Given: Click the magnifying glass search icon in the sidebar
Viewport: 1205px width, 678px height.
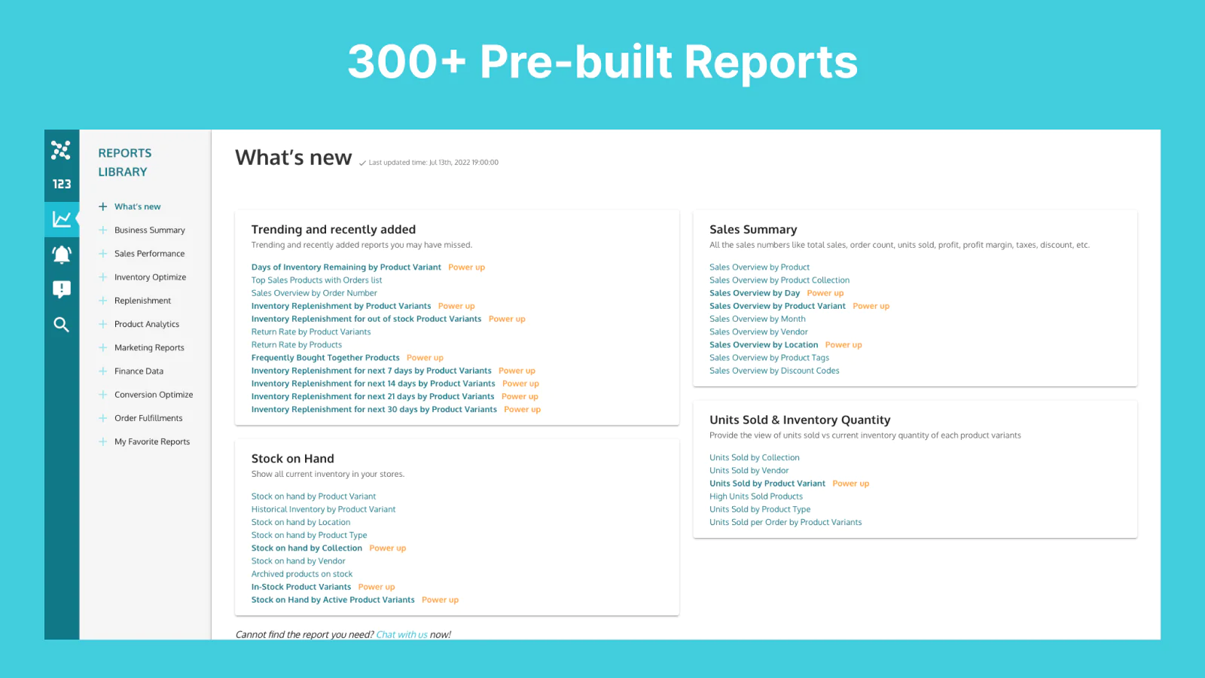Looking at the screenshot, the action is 61,325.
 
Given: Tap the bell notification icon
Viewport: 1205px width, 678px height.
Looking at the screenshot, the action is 62,255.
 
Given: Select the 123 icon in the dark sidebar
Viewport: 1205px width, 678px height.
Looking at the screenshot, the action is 62,184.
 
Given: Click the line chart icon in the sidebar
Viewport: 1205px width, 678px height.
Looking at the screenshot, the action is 62,219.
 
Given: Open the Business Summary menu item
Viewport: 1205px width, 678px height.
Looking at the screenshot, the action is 150,230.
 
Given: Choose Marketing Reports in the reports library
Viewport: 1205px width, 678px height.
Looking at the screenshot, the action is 149,347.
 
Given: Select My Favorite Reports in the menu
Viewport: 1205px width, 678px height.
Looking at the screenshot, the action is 152,441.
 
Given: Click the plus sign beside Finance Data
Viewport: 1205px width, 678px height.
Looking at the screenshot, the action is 102,371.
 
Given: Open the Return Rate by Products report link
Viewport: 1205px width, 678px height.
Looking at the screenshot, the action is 297,344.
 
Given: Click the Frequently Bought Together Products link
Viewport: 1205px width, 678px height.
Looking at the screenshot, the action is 325,357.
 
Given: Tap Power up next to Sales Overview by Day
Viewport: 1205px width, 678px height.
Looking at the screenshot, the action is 825,293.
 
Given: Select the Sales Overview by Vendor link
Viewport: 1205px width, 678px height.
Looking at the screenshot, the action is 758,331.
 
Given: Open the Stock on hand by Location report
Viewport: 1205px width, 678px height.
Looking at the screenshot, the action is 300,522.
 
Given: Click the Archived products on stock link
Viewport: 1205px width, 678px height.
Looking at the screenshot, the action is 302,573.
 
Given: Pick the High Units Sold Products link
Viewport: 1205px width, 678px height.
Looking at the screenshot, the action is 756,496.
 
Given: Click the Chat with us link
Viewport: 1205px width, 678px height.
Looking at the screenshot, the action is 401,634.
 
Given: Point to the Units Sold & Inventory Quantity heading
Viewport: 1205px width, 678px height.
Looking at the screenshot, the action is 800,420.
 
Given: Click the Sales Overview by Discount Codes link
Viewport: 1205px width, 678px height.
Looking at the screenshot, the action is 774,370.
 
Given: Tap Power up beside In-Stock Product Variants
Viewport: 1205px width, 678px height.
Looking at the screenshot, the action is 377,587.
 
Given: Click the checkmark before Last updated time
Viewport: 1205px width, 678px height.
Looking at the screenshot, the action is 362,163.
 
